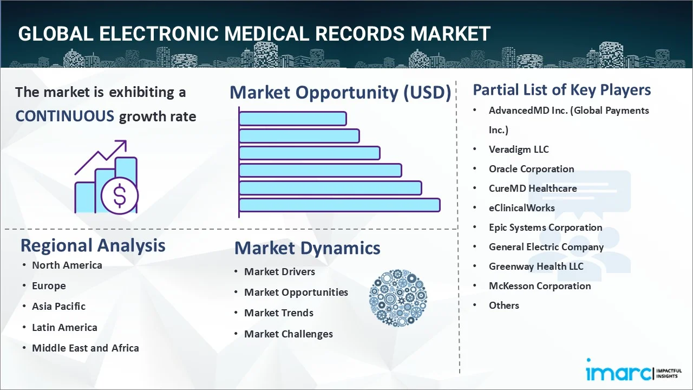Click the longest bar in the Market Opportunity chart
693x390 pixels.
[339, 205]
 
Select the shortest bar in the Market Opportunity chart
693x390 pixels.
[292, 118]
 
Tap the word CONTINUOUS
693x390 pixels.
[64, 116]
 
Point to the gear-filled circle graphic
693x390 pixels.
[398, 298]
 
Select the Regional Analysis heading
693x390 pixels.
[93, 245]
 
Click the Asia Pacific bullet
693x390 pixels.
[58, 306]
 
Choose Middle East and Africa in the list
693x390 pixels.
[85, 348]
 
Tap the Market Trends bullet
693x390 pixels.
[278, 313]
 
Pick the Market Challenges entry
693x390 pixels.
[288, 334]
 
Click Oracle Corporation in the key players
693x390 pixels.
[531, 168]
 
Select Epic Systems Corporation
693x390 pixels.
[545, 227]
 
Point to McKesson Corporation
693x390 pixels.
[540, 285]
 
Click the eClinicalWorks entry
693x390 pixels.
[521, 207]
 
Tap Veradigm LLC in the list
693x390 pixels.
[519, 149]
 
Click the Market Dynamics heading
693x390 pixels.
[307, 248]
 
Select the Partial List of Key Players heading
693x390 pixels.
[561, 89]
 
